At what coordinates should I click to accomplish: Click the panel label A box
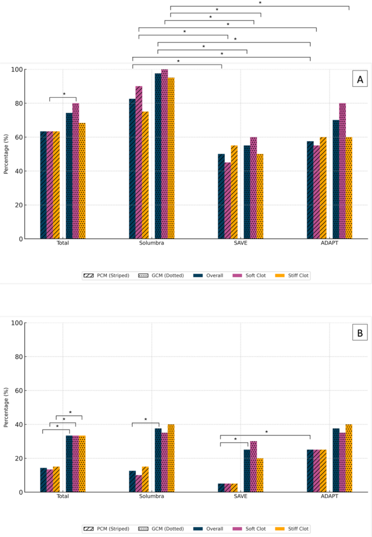click(x=359, y=80)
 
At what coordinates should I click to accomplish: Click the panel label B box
click(x=359, y=333)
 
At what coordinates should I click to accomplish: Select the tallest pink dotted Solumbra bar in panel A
click(x=165, y=154)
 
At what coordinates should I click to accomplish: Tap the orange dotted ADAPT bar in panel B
click(x=349, y=458)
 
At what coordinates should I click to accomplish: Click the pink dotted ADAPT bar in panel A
click(x=343, y=171)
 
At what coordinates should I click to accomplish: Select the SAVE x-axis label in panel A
click(x=241, y=243)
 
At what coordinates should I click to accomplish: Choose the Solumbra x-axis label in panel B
click(x=152, y=497)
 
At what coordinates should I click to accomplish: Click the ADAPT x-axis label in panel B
click(x=330, y=497)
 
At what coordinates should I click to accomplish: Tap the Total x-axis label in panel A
click(x=62, y=243)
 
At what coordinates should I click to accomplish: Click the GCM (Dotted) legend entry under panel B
click(x=162, y=529)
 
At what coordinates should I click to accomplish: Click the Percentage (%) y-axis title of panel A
click(x=6, y=154)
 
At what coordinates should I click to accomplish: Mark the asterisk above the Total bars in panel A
click(x=64, y=94)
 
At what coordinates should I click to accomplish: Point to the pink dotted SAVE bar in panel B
click(x=254, y=466)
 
